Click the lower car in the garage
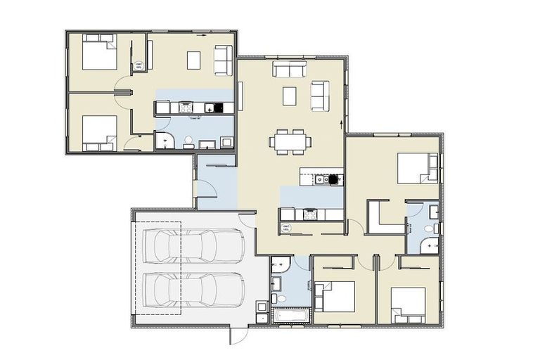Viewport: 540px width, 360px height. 193,289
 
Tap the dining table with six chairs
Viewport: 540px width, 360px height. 290,141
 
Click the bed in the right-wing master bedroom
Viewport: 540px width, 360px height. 416,168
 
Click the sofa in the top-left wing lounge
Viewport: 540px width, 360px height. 223,59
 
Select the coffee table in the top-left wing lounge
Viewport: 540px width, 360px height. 194,60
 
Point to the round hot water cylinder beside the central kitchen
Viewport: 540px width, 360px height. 286,227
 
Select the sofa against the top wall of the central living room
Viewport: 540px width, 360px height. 290,69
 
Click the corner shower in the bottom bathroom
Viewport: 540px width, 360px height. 279,264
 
